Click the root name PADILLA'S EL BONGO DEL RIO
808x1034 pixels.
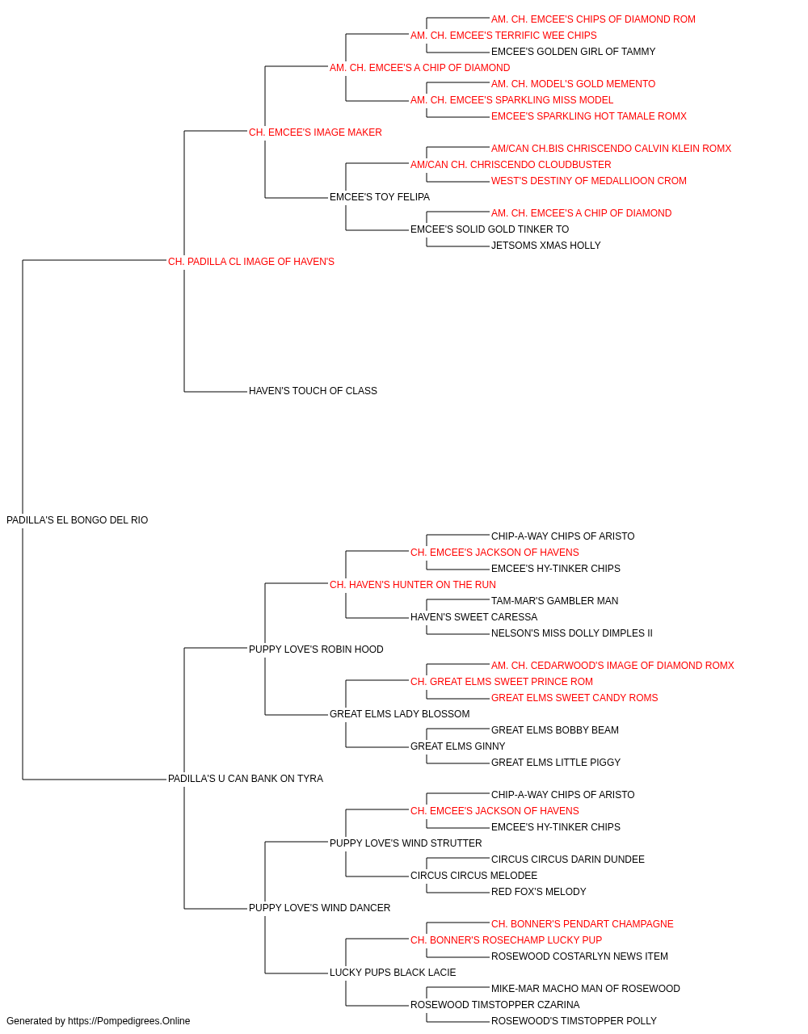(x=77, y=520)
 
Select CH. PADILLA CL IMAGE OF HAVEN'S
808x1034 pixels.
(x=251, y=262)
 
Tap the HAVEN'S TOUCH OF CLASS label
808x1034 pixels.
(x=314, y=391)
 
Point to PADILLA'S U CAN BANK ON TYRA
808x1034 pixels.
(x=246, y=779)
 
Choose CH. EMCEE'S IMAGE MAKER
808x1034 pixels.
(x=315, y=132)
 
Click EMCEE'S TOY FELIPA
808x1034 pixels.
(x=380, y=197)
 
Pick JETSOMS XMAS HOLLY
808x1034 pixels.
(x=546, y=246)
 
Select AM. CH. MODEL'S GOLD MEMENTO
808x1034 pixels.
(x=574, y=84)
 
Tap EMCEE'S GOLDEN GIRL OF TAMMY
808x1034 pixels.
(x=574, y=52)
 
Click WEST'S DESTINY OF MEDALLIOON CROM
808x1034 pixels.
(x=589, y=181)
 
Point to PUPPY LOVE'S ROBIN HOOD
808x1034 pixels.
(x=316, y=649)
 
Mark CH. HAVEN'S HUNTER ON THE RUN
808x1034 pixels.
(x=413, y=584)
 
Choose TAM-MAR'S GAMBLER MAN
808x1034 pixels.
(x=555, y=600)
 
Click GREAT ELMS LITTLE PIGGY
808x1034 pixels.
(x=556, y=763)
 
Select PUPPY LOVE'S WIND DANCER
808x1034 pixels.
(x=320, y=908)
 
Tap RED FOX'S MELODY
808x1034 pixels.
(x=539, y=892)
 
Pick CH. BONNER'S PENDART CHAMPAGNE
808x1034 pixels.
(x=583, y=924)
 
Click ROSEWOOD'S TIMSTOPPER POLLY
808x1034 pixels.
(x=574, y=1021)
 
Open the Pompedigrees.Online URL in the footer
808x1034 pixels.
(x=129, y=1021)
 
